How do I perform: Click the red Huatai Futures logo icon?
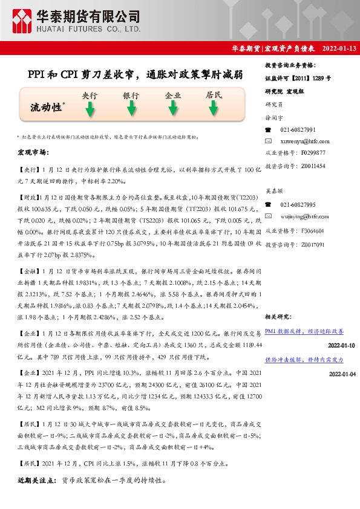[x=23, y=22]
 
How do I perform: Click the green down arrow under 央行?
[x=90, y=109]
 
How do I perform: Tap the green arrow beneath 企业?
[x=173, y=109]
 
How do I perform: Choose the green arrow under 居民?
[x=214, y=109]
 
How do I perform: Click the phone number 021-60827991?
[x=298, y=130]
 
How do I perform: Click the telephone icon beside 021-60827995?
[x=269, y=205]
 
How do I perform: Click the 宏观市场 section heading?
[x=33, y=152]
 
